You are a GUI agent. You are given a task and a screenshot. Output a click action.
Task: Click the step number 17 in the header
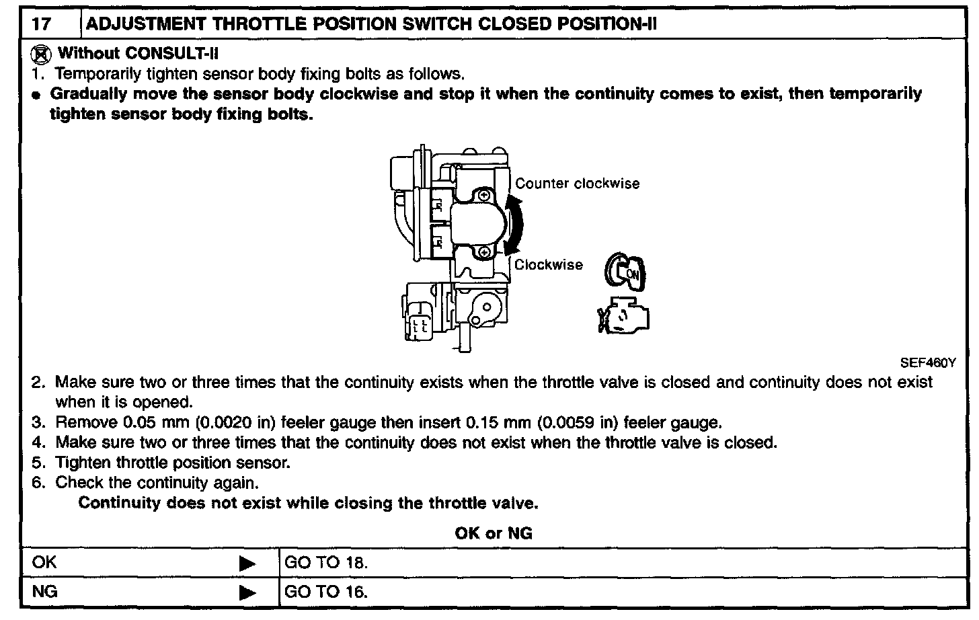pyautogui.click(x=41, y=24)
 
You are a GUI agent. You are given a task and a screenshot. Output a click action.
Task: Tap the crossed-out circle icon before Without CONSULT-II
pyautogui.click(x=42, y=54)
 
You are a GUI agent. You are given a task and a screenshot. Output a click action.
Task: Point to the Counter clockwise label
pyautogui.click(x=577, y=184)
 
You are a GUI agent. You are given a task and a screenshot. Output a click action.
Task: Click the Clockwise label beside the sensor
pyautogui.click(x=549, y=265)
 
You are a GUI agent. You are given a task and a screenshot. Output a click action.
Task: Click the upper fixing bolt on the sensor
pyautogui.click(x=484, y=196)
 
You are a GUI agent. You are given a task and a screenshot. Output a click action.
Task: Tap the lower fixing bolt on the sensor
pyautogui.click(x=484, y=252)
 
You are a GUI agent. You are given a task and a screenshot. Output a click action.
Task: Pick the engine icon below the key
pyautogui.click(x=624, y=315)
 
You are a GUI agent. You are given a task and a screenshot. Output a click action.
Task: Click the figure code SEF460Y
pyautogui.click(x=927, y=362)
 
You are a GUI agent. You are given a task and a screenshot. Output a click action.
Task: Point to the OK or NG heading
pyautogui.click(x=494, y=533)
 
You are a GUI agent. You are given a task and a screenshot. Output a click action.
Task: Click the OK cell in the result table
pyautogui.click(x=45, y=563)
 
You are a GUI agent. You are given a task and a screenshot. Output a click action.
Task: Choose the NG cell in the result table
pyautogui.click(x=45, y=592)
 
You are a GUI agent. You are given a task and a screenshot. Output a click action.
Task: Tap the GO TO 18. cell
pyautogui.click(x=327, y=563)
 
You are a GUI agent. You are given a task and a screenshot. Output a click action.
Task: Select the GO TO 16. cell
pyautogui.click(x=327, y=592)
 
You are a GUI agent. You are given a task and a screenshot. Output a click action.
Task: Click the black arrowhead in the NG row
pyautogui.click(x=247, y=592)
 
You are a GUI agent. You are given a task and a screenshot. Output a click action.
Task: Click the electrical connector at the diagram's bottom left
pyautogui.click(x=422, y=321)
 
